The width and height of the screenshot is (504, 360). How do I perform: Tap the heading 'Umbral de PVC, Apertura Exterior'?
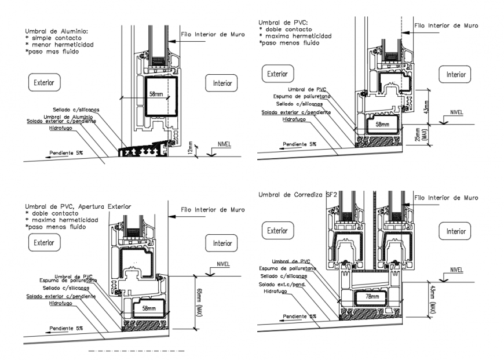pos(78,206)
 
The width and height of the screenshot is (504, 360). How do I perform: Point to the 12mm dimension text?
pos(190,148)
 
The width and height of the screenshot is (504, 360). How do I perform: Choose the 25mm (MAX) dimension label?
pos(423,135)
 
